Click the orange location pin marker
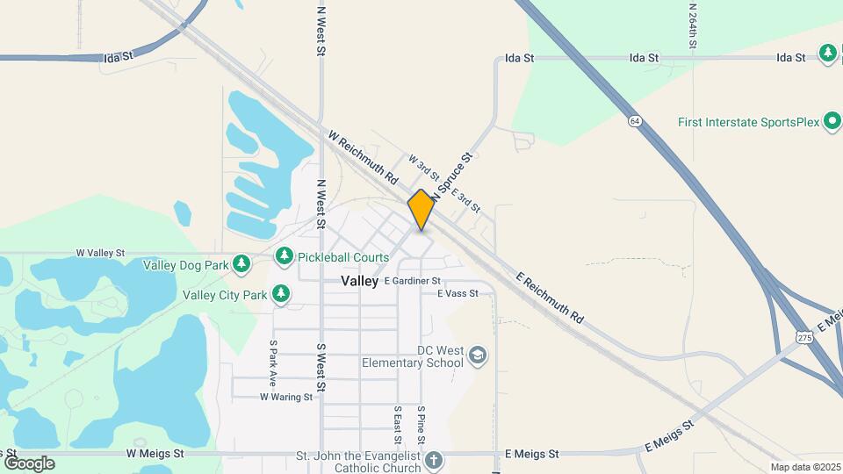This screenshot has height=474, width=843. [421, 210]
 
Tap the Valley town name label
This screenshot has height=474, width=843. [359, 281]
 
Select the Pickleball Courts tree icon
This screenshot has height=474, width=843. [284, 256]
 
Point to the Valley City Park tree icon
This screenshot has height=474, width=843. [281, 294]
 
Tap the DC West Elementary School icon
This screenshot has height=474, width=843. [478, 355]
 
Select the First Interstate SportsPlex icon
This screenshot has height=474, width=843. [832, 122]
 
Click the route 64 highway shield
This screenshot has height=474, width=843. [634, 120]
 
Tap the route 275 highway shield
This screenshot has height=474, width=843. [805, 337]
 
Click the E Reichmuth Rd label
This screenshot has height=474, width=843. [550, 296]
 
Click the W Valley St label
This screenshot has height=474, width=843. [101, 253]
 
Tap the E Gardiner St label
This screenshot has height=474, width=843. [412, 281]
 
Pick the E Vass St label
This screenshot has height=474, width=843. [457, 293]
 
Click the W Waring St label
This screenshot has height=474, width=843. [286, 397]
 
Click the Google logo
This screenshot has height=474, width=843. [29, 463]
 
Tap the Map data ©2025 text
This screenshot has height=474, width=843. [803, 467]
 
